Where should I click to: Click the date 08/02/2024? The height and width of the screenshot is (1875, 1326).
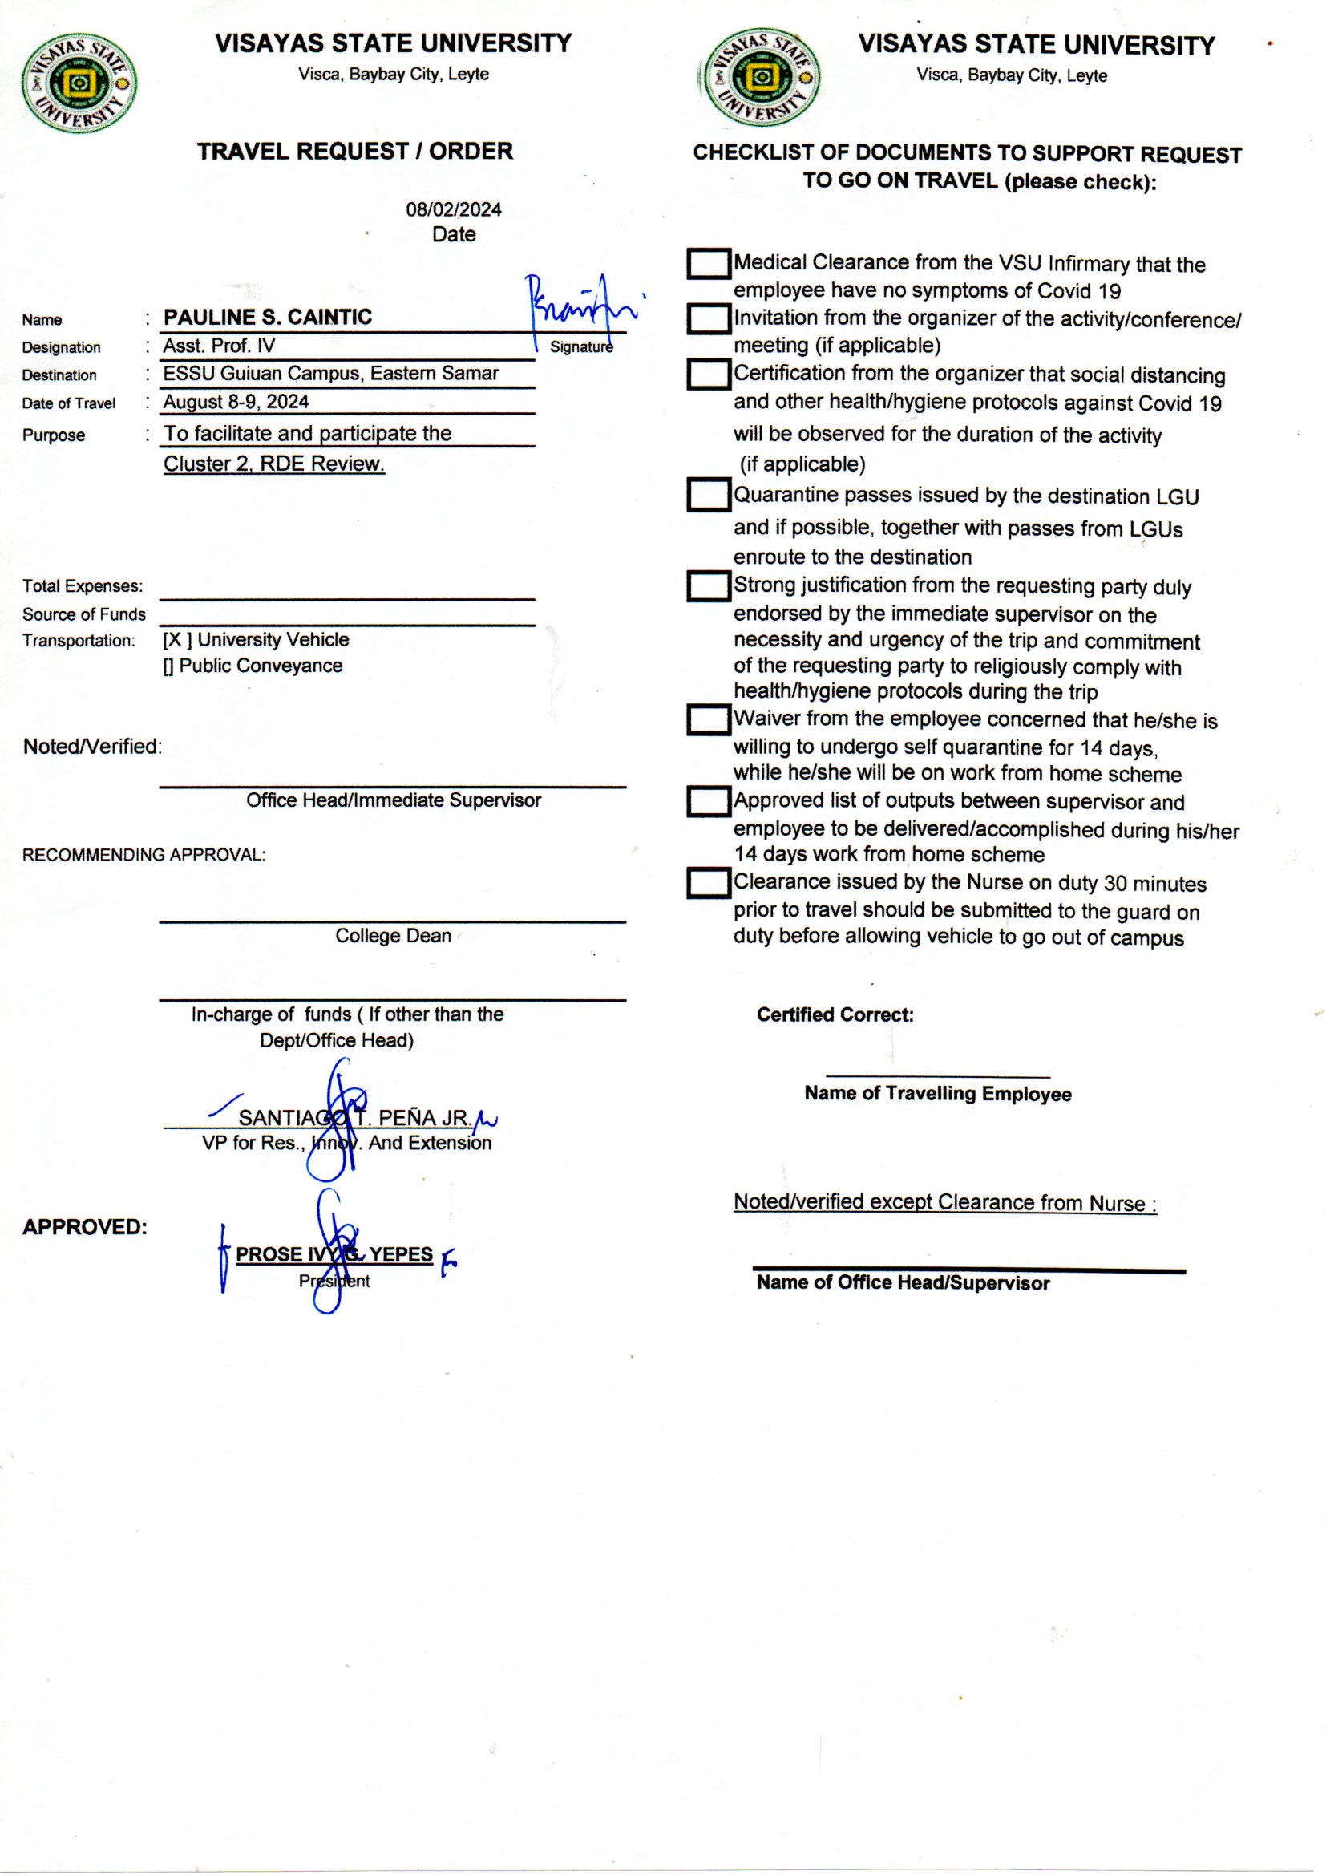pos(453,209)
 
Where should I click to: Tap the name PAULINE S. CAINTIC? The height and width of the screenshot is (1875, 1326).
pos(267,317)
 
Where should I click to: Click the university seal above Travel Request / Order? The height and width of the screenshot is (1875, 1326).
pos(79,83)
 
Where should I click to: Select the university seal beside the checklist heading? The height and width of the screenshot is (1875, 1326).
pos(761,79)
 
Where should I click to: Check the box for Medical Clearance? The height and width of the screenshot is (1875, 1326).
pos(708,264)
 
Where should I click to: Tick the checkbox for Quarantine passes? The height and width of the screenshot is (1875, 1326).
pos(708,495)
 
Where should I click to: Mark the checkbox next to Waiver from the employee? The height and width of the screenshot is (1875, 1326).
pos(708,719)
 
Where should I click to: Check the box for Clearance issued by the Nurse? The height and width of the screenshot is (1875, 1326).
pos(708,883)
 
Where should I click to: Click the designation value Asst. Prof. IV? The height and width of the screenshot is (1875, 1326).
pos(219,346)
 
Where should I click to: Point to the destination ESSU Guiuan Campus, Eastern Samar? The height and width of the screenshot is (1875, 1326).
pos(330,373)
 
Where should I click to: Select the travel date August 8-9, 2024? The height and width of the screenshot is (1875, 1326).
pos(236,402)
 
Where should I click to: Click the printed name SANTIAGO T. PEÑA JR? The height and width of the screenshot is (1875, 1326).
pos(354,1118)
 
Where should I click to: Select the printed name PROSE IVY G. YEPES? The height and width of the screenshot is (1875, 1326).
pos(334,1254)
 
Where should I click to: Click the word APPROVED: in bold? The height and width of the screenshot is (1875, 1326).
pos(85,1227)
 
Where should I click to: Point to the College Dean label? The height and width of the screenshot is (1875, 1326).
pos(393,936)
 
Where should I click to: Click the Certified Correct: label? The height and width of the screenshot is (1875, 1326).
pos(835,1015)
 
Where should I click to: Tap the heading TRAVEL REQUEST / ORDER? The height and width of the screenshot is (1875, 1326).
pos(355,151)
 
